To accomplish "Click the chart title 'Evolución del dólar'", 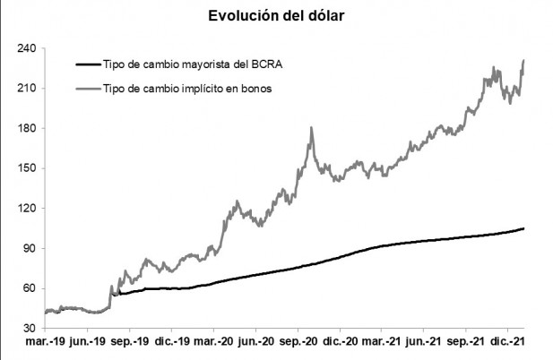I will point(275,16).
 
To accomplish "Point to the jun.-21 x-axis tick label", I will point(426,343).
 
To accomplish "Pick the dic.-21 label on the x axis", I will point(510,343).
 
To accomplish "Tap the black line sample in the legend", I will point(86,64).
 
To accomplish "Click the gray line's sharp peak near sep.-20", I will point(311,128).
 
